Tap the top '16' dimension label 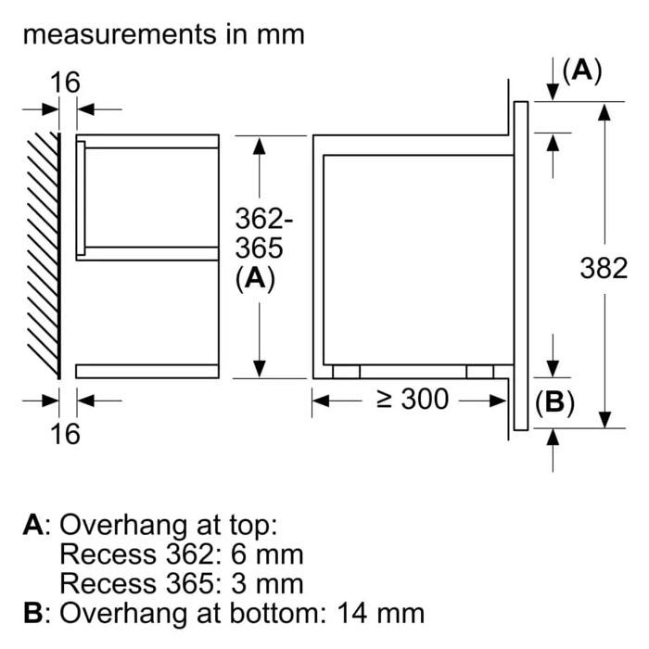point(65,83)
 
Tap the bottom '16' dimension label point(65,432)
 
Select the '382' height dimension point(604,268)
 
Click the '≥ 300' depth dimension point(412,400)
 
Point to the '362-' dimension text point(264,220)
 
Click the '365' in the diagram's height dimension point(259,249)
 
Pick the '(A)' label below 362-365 point(256,279)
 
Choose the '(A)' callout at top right point(581,70)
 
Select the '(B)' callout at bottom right point(554,402)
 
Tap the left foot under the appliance point(345,371)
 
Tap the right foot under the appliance point(480,371)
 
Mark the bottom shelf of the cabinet point(147,371)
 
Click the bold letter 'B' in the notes point(33,613)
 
